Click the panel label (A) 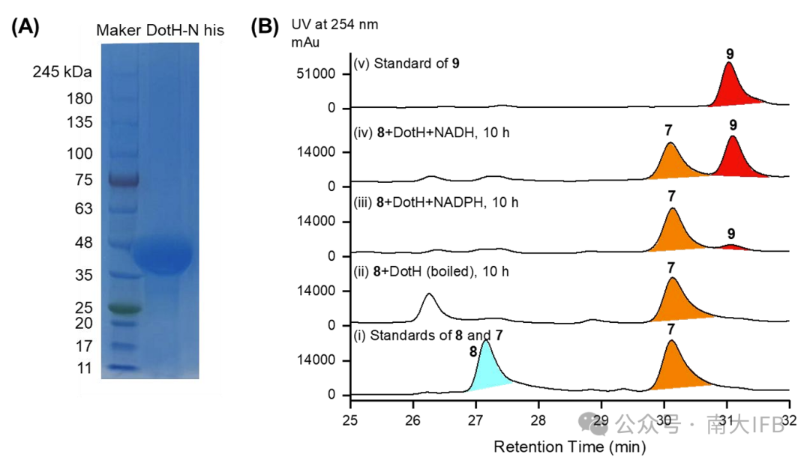click(26, 28)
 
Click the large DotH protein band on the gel click(163, 255)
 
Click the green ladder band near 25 click(119, 307)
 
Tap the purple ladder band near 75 click(119, 181)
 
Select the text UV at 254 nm click(334, 25)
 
